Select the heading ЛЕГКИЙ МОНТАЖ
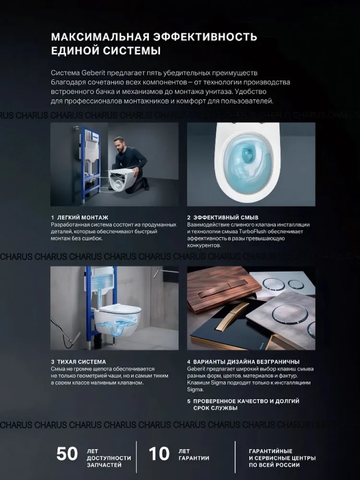click(x=83, y=217)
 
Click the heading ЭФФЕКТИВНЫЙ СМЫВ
click(x=226, y=217)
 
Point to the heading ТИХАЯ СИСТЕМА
click(x=82, y=362)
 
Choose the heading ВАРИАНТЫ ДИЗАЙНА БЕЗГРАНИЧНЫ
click(x=246, y=362)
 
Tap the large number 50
click(x=67, y=454)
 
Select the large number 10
click(x=159, y=454)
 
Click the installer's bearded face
click(x=119, y=144)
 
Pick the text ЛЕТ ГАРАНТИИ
click(x=194, y=455)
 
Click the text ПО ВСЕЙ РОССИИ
click(x=274, y=465)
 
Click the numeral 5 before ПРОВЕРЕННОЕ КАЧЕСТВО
click(x=189, y=401)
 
